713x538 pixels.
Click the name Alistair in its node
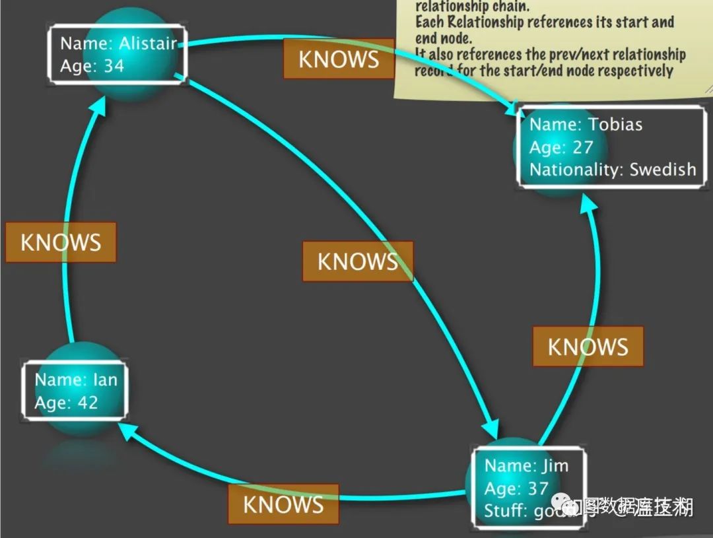[x=148, y=44]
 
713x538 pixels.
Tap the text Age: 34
[x=92, y=66]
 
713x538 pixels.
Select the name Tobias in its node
[x=615, y=124]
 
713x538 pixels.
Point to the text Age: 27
[x=561, y=147]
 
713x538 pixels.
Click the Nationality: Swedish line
[x=612, y=169]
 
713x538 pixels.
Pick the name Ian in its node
[x=104, y=380]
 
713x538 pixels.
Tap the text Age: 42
[x=66, y=402]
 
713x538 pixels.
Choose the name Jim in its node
[x=555, y=465]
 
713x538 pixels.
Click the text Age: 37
[x=516, y=488]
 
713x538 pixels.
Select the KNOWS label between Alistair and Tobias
[x=339, y=59]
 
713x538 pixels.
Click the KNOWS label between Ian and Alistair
[x=61, y=242]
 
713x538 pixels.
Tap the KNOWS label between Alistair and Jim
[x=358, y=261]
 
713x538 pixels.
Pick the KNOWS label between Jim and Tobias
[x=588, y=347]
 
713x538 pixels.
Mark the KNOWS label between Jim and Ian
[x=283, y=504]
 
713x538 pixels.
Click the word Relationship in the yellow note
[x=482, y=22]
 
